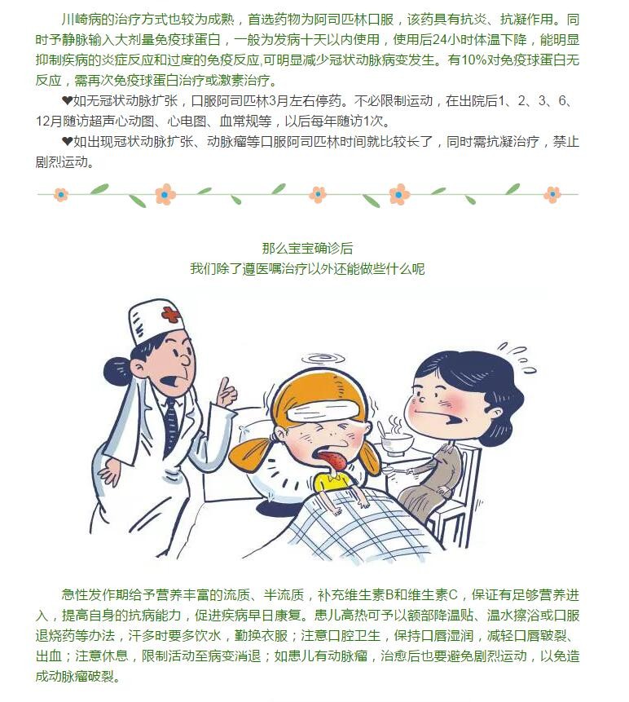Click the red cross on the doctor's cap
click(171, 315)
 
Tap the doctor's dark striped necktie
click(171, 424)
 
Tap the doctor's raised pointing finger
click(224, 386)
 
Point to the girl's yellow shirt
click(333, 483)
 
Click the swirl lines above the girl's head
click(323, 359)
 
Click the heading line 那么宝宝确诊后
click(307, 248)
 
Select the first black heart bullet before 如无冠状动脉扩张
click(67, 101)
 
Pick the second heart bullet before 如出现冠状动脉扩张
click(67, 142)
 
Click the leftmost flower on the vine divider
click(61, 195)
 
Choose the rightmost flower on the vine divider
click(552, 194)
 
